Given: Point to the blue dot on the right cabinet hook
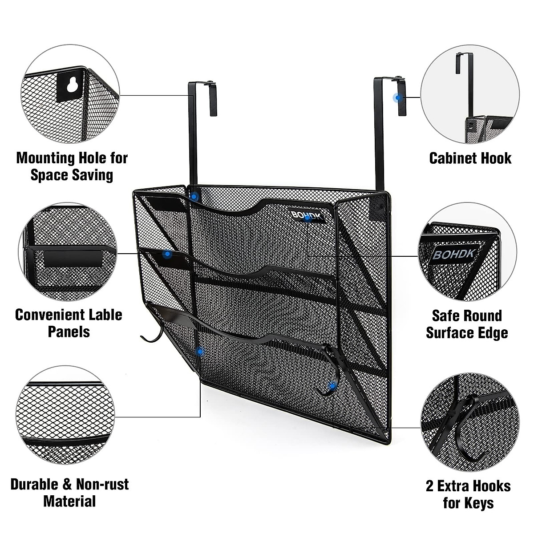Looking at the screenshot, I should coord(398,97).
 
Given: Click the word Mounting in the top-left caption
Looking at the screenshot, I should coord(45,158).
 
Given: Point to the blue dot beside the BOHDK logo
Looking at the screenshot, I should coord(307,218).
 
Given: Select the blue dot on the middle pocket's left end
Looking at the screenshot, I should coord(167,255).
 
